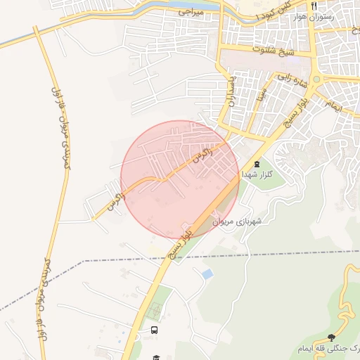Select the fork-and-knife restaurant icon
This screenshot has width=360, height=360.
314,6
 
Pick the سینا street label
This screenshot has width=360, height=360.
261,91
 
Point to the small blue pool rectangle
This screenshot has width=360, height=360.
207,273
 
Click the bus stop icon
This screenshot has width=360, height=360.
154,330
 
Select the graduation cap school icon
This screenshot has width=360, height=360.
155,357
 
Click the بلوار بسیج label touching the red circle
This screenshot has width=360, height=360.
181,239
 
